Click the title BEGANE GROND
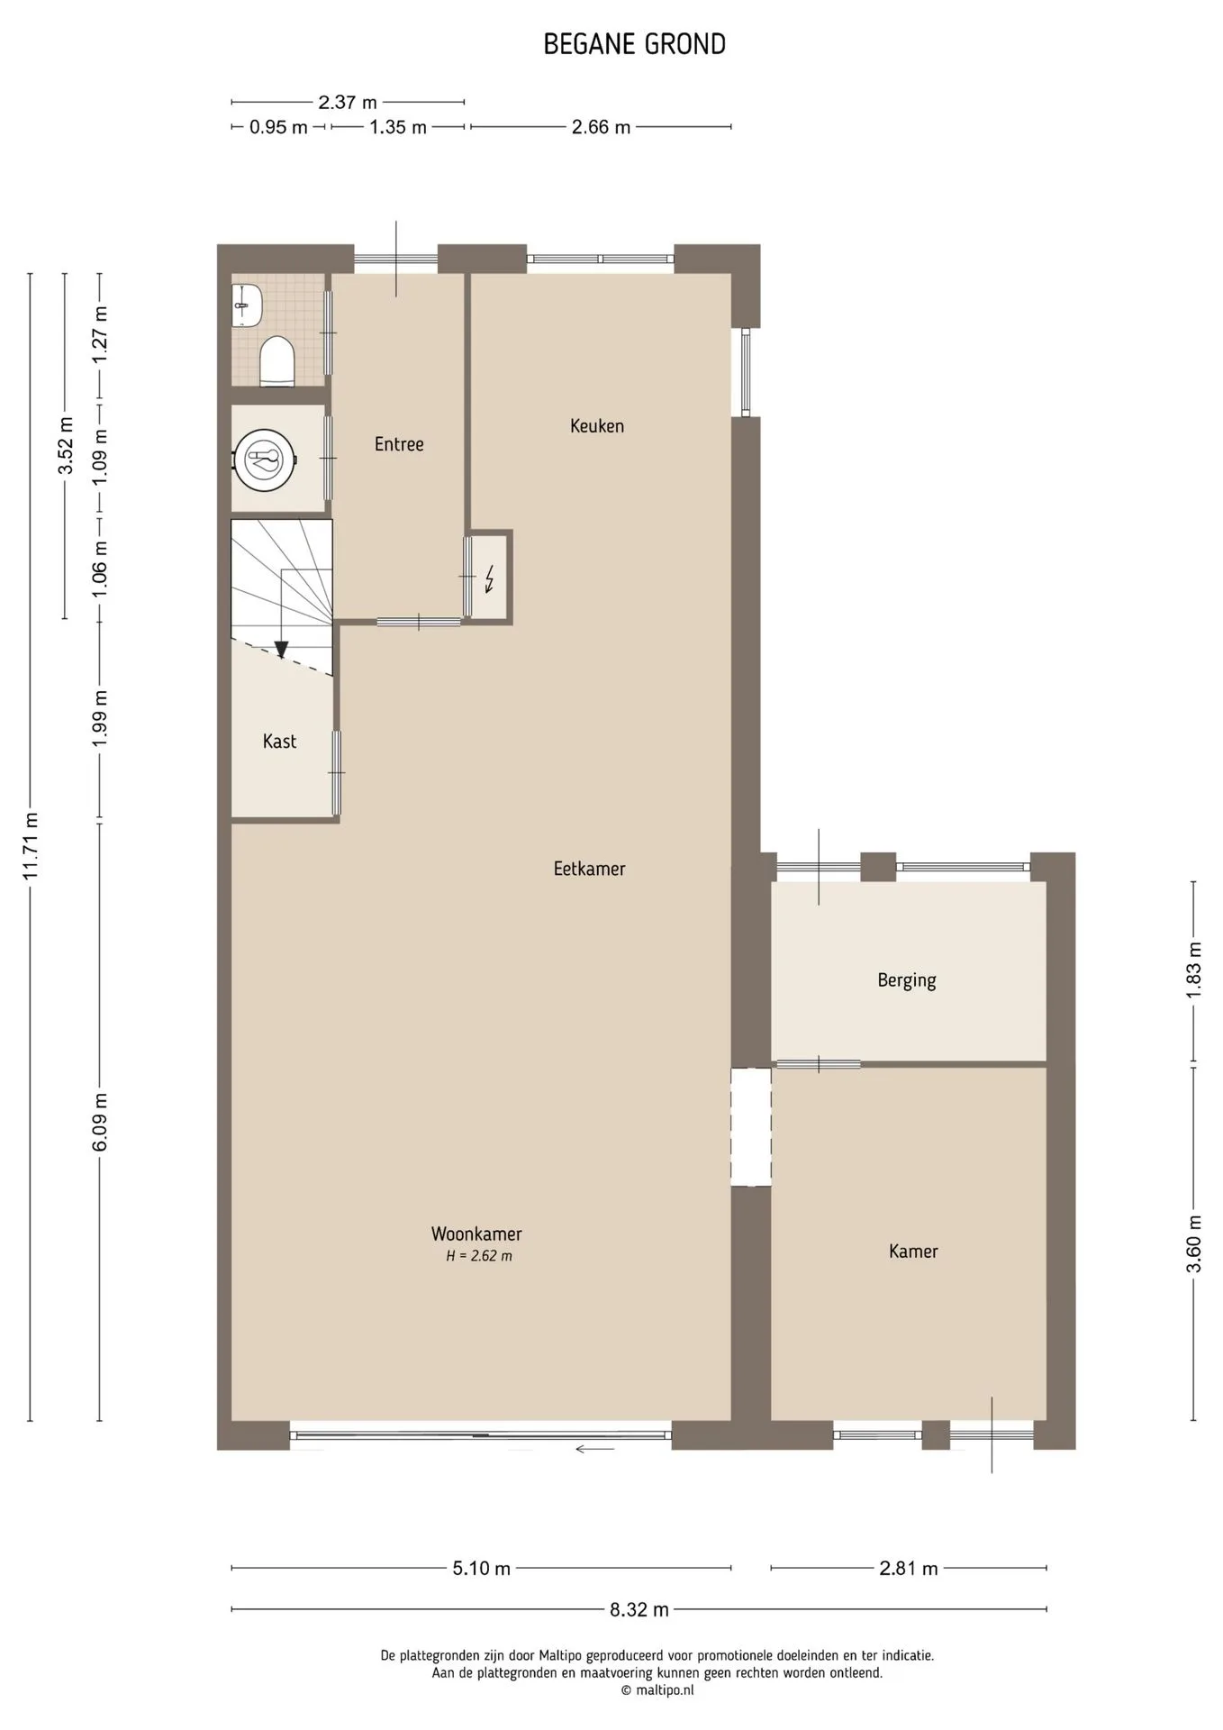[634, 44]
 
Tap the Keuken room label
[596, 425]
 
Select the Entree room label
[399, 443]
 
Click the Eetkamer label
[589, 869]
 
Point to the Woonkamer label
[476, 1234]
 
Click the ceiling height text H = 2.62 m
[479, 1256]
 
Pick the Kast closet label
[279, 741]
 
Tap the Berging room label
[907, 980]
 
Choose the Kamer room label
[913, 1251]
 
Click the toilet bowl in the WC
[277, 362]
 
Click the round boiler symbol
[265, 460]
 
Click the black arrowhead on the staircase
[281, 649]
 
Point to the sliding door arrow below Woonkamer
[594, 1450]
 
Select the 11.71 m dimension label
[31, 847]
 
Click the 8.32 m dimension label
[639, 1609]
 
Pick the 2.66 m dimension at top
[601, 127]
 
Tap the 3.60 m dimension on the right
[1194, 1243]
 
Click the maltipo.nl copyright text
[657, 1690]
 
